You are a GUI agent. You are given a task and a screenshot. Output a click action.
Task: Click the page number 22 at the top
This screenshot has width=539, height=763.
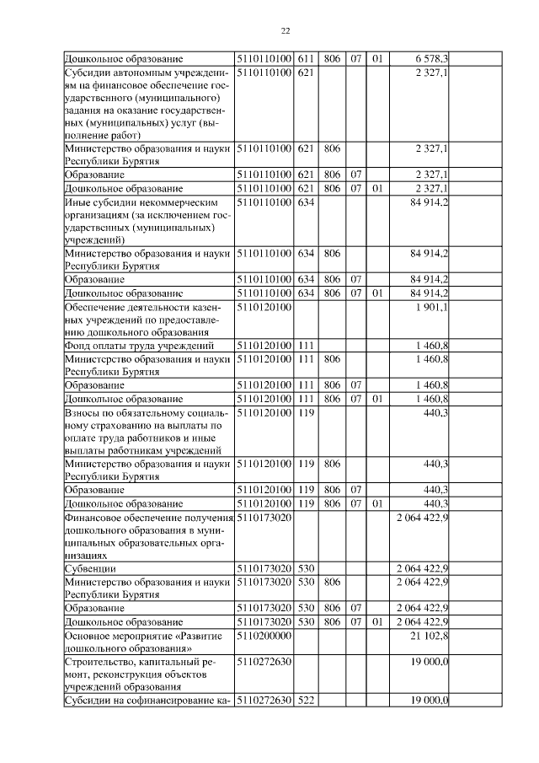pyautogui.click(x=285, y=30)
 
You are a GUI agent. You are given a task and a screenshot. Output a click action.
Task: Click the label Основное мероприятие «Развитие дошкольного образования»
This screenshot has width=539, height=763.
pyautogui.click(x=138, y=642)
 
